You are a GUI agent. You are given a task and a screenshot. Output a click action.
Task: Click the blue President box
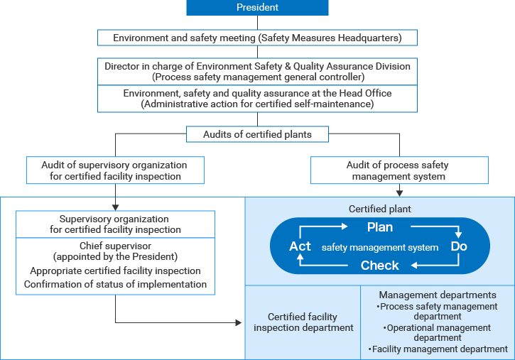(257, 8)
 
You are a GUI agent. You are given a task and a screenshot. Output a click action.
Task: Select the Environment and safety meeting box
(257, 38)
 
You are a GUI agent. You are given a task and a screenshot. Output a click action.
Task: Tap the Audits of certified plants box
(257, 134)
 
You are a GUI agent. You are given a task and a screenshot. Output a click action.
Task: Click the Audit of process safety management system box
(399, 171)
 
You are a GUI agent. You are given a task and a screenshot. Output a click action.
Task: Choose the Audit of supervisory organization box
(115, 171)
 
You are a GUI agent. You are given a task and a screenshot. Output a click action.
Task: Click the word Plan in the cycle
(379, 228)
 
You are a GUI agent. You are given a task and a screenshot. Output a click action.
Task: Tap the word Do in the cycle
(459, 246)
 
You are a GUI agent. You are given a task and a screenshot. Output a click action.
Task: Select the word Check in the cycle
(379, 266)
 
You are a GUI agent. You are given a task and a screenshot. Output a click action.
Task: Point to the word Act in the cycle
(300, 246)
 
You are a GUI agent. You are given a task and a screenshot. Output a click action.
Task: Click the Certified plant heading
(379, 209)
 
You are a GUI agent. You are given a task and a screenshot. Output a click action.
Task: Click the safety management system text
(379, 247)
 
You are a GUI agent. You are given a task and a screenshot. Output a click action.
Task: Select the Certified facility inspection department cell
(303, 322)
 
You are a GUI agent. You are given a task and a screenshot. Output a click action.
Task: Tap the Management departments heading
(438, 295)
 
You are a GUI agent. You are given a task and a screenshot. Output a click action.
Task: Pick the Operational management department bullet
(438, 333)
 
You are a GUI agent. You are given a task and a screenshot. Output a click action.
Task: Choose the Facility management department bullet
(438, 349)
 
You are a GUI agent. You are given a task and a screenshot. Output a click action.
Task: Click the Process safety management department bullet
(438, 312)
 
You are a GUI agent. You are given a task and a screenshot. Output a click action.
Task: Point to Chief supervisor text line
(115, 246)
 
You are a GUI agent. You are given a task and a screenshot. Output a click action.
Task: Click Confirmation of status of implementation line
(115, 284)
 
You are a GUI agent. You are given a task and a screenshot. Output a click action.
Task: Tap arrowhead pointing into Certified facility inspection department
(238, 322)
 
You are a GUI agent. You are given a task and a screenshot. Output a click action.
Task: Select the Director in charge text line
(257, 65)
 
